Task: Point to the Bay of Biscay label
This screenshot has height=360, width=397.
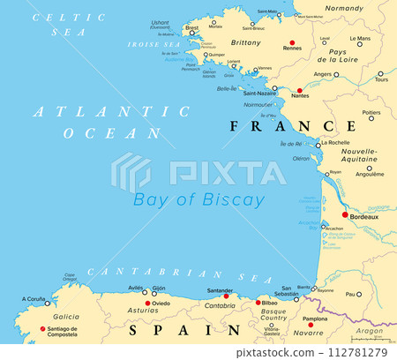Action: (198, 199)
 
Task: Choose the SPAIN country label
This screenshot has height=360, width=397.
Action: (185, 331)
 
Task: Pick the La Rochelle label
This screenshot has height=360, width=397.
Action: (336, 142)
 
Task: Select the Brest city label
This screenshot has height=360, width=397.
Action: (191, 27)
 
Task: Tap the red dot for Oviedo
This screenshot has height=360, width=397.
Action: (147, 304)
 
